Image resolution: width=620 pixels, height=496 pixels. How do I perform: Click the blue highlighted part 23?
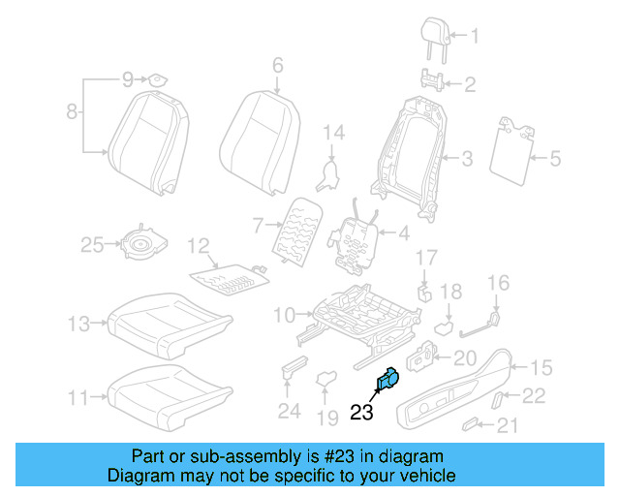pyautogui.click(x=387, y=381)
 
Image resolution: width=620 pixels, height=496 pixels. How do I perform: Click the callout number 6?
pyautogui.click(x=277, y=66)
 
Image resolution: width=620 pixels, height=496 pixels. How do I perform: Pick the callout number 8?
pyautogui.click(x=72, y=113)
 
